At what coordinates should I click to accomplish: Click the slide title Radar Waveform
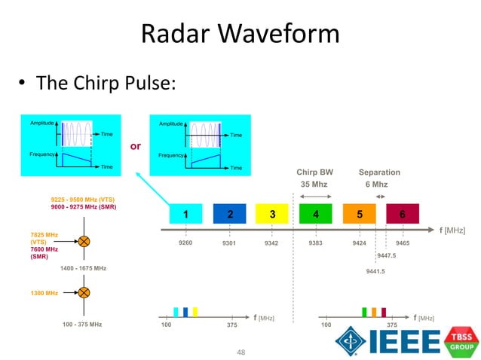click(x=240, y=34)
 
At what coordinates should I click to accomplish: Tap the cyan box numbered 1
click(x=185, y=215)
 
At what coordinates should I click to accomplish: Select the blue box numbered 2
click(x=230, y=215)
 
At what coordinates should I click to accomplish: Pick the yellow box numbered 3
click(x=272, y=215)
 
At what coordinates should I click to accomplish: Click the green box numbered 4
click(x=316, y=215)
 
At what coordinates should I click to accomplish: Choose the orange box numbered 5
click(x=360, y=215)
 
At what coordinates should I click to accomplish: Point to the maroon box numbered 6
click(x=403, y=215)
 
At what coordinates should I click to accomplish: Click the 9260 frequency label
click(x=185, y=243)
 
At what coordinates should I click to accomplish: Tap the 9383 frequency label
click(x=316, y=243)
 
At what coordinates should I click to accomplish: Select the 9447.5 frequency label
click(x=386, y=255)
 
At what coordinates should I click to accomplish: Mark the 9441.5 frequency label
click(x=375, y=271)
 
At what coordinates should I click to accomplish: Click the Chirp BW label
click(x=314, y=172)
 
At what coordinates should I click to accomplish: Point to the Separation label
click(x=379, y=172)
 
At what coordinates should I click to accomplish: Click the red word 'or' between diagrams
click(x=136, y=146)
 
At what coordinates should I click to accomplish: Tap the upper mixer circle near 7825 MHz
click(x=84, y=242)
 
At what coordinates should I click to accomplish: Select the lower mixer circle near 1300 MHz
click(x=84, y=292)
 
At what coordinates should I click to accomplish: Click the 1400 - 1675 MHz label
click(x=84, y=268)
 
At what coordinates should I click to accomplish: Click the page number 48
click(x=241, y=352)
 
